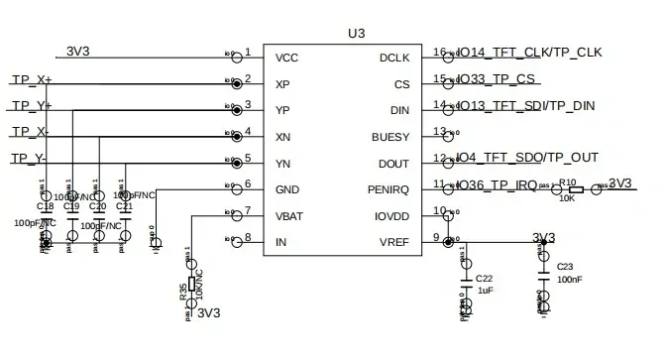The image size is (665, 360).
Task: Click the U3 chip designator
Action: pyautogui.click(x=357, y=33)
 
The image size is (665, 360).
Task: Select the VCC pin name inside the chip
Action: pyautogui.click(x=286, y=58)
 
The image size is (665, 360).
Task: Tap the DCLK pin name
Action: pyautogui.click(x=395, y=58)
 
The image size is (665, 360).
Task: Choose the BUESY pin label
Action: pyautogui.click(x=389, y=136)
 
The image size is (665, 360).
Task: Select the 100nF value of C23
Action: pyautogui.click(x=570, y=281)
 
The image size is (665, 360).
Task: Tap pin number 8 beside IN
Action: pyautogui.click(x=248, y=237)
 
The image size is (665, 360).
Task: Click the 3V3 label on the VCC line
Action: pyautogui.click(x=79, y=52)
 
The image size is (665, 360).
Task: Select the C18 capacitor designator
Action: pyautogui.click(x=45, y=206)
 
